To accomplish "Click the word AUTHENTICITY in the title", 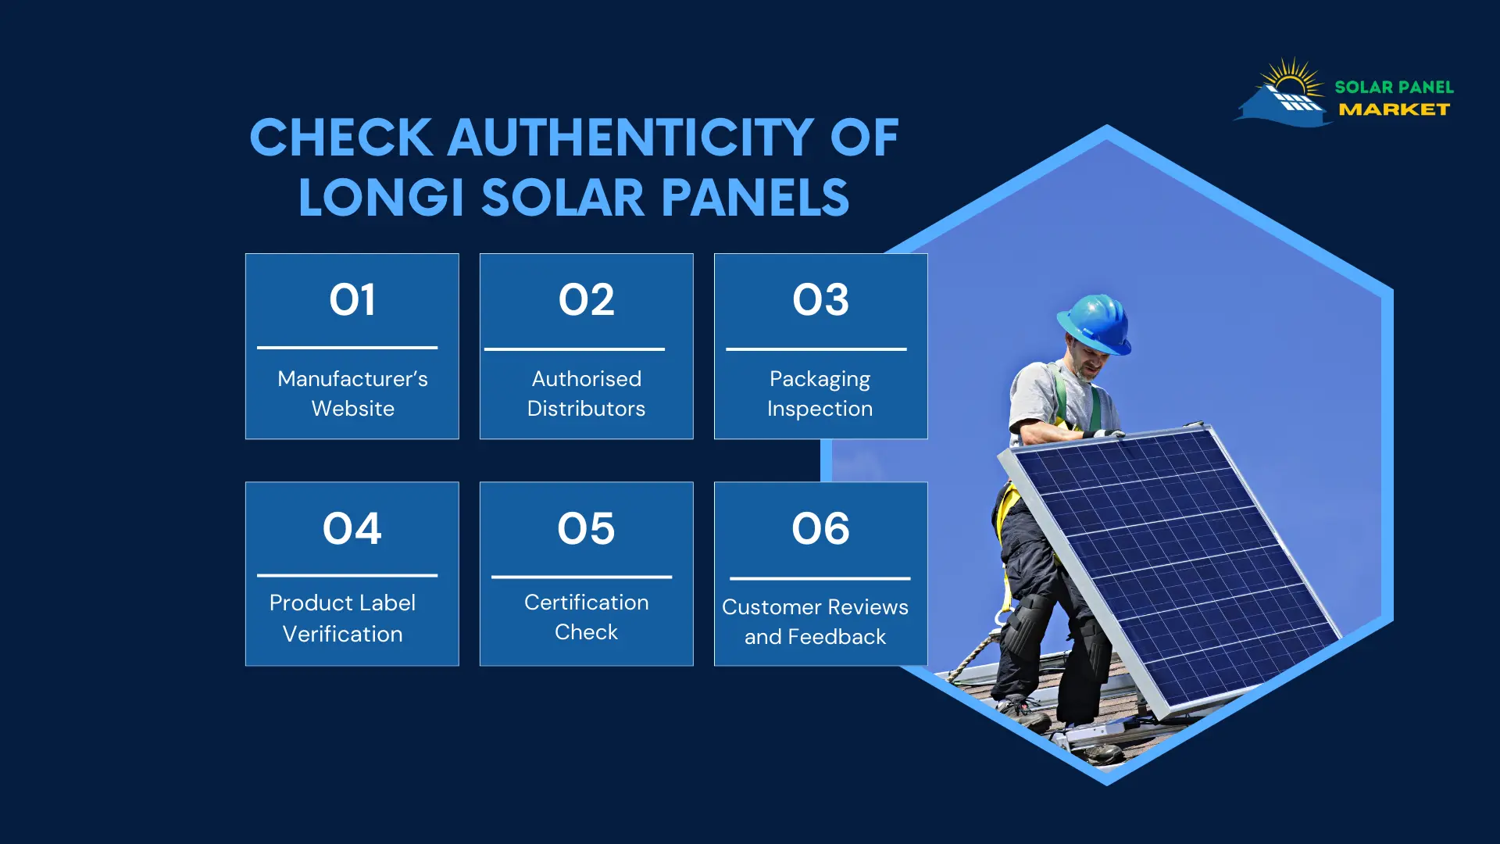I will pyautogui.click(x=630, y=138).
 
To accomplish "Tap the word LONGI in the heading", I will pyautogui.click(x=381, y=198).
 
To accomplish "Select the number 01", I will pyautogui.click(x=352, y=300).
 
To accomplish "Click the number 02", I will pyautogui.click(x=586, y=300).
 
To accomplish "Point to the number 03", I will pyautogui.click(x=820, y=300).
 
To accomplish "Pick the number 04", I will pyautogui.click(x=352, y=529).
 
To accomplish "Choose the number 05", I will pyautogui.click(x=586, y=529).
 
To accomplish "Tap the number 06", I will pyautogui.click(x=820, y=529).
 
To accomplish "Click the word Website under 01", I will pyautogui.click(x=352, y=409).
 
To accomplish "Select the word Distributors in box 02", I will pyautogui.click(x=586, y=409).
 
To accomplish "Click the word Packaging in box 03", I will pyautogui.click(x=820, y=380).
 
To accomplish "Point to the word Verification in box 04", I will pyautogui.click(x=342, y=634).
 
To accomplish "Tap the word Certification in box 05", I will pyautogui.click(x=586, y=603).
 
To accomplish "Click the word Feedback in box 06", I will pyautogui.click(x=837, y=637).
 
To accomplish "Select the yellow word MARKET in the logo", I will pyautogui.click(x=1394, y=110).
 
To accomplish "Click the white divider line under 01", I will pyautogui.click(x=347, y=348).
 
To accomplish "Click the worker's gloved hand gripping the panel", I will pyautogui.click(x=1105, y=432).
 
